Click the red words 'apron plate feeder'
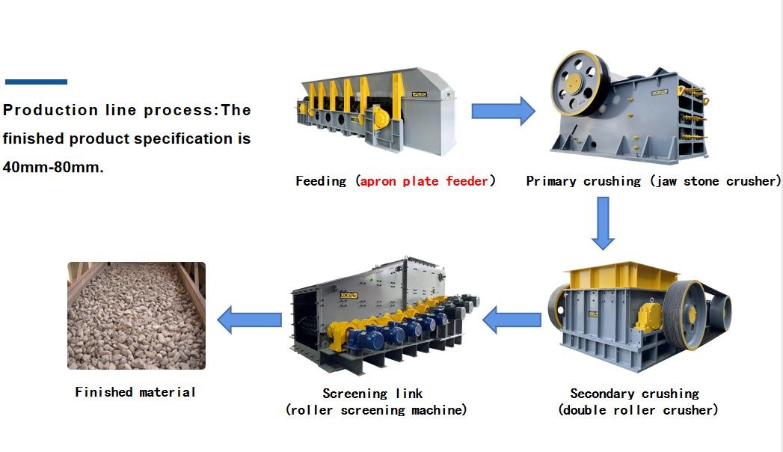tap(425, 181)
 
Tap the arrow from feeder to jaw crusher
tap(503, 112)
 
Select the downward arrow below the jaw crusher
tap(603, 223)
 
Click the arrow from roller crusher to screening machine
tap(512, 320)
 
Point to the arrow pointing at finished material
tap(249, 320)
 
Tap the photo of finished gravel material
tap(136, 315)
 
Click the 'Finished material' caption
tap(135, 392)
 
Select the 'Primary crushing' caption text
tap(583, 181)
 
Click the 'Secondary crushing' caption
tap(634, 394)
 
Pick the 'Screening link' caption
tap(372, 394)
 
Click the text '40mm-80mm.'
tap(53, 168)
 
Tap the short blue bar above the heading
tap(36, 82)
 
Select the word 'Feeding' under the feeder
tap(321, 181)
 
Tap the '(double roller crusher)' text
tap(638, 410)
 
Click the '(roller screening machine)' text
tap(376, 410)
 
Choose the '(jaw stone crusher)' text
tap(715, 181)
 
